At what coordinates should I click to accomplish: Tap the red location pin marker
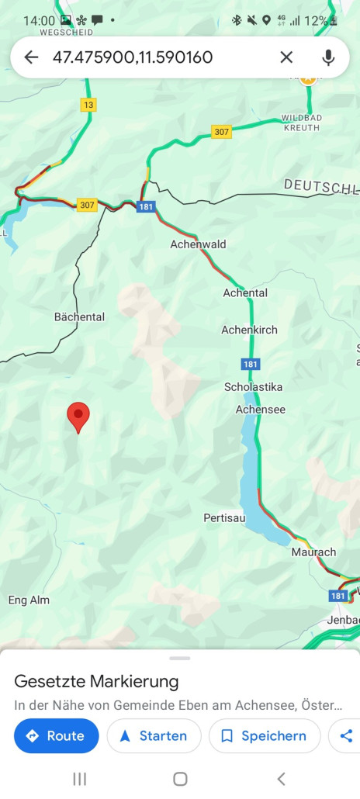point(78,417)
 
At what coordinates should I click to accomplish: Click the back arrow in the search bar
point(31,57)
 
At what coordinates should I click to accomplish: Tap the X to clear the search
point(286,57)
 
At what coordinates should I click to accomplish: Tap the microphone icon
point(328,57)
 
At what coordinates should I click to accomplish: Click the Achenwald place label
point(198,244)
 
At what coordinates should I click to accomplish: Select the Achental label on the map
point(245,293)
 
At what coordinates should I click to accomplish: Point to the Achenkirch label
point(249,330)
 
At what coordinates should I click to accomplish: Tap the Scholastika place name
point(253,387)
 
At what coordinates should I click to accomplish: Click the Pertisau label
point(224,517)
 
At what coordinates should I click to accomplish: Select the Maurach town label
point(313,552)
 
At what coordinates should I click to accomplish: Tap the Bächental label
point(79,317)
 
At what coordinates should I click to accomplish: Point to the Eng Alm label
point(29,600)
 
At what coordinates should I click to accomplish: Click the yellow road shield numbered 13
point(88,105)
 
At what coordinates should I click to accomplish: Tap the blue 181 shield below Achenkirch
point(250,364)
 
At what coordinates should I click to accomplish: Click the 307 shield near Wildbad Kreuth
point(222,132)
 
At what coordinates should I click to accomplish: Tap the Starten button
point(154,736)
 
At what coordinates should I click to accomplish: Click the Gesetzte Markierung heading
point(96,682)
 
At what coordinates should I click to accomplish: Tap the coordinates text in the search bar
point(132,57)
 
